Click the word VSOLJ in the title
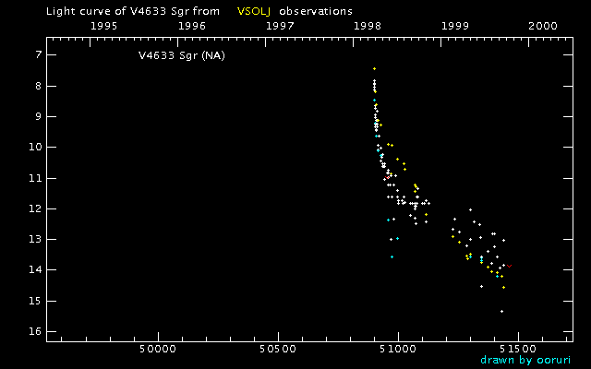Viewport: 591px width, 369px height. point(254,11)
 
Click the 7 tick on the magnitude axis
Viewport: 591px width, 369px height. point(36,55)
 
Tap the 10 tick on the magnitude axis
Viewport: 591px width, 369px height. point(33,148)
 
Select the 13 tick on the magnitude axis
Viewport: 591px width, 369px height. point(33,240)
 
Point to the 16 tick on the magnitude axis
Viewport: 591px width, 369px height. point(33,332)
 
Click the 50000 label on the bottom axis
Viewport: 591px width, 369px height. point(157,350)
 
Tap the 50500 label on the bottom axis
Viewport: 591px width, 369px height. point(277,350)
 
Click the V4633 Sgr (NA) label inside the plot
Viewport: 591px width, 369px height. point(182,55)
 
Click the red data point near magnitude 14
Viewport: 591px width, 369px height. point(509,266)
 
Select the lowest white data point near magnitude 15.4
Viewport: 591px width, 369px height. point(501,312)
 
